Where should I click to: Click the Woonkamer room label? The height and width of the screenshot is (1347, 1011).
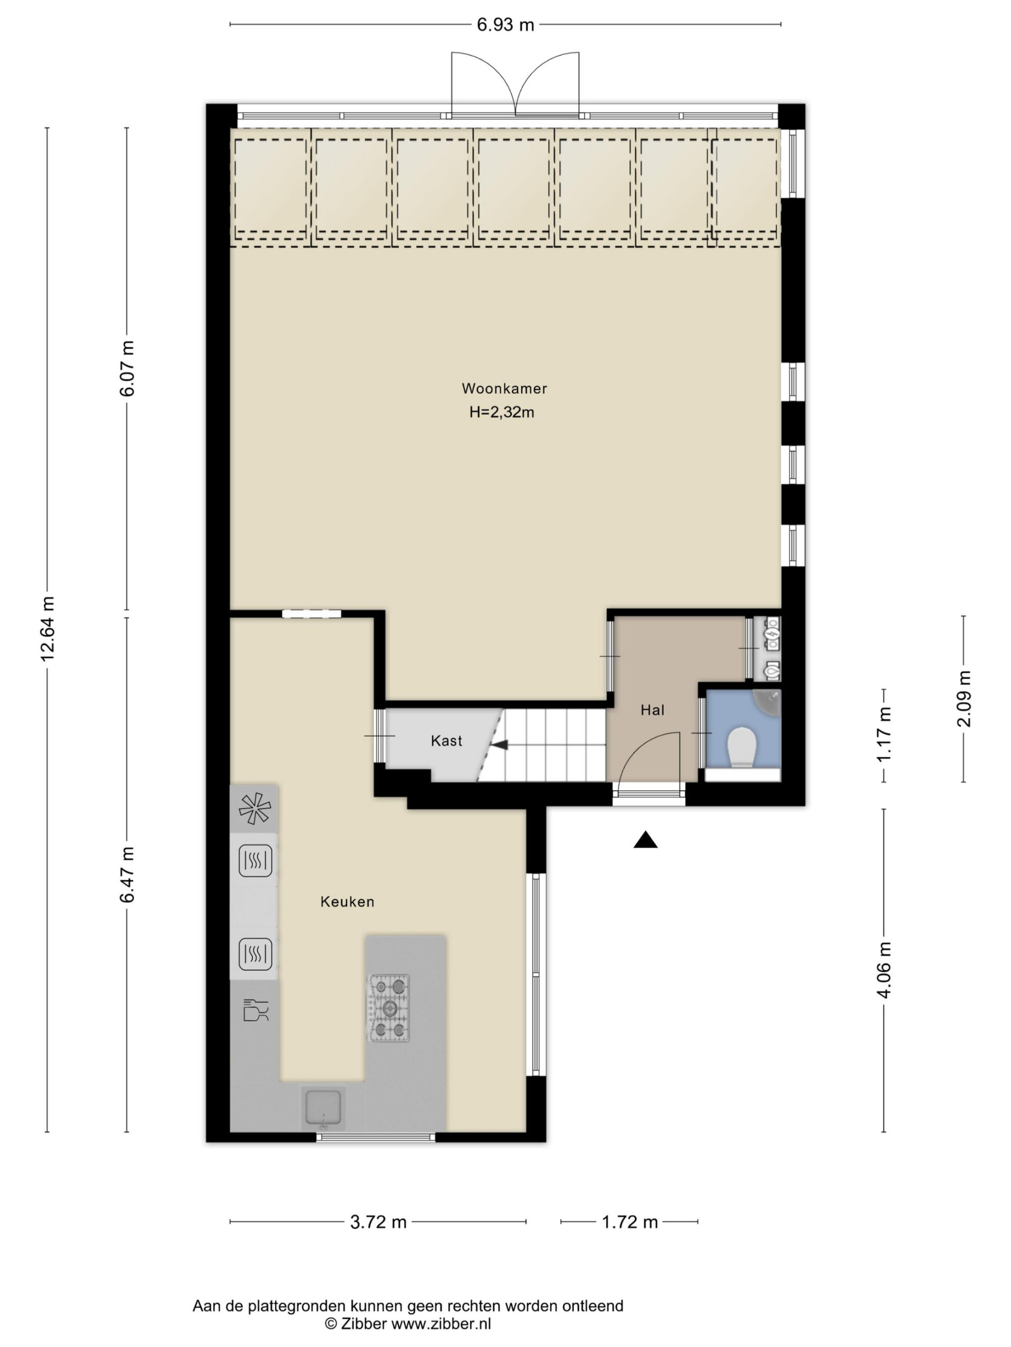pos(504,388)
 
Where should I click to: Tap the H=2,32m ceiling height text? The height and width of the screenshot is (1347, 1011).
pos(501,413)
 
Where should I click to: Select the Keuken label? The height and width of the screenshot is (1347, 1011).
pos(348,902)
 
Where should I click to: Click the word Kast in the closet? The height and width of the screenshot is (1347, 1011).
pos(446,740)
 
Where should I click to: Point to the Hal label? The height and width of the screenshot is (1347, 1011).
pos(652,709)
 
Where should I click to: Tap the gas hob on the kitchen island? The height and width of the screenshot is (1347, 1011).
pos(388,1008)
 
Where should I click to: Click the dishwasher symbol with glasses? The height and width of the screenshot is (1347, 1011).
pos(255,1009)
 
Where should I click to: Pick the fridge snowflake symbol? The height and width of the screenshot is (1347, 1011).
pos(254,809)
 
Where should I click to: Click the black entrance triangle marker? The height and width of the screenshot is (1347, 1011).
pos(646,840)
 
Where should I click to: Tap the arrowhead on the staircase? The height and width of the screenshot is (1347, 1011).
pos(500,744)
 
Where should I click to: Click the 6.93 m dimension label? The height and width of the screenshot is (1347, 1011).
pos(505,25)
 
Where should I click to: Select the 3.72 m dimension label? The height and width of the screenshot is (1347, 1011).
pos(378,1222)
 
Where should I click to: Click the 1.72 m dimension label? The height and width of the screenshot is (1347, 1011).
pos(630,1222)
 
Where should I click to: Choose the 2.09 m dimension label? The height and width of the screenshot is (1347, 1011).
pos(964,698)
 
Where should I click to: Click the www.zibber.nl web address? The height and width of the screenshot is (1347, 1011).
pos(441,1323)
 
